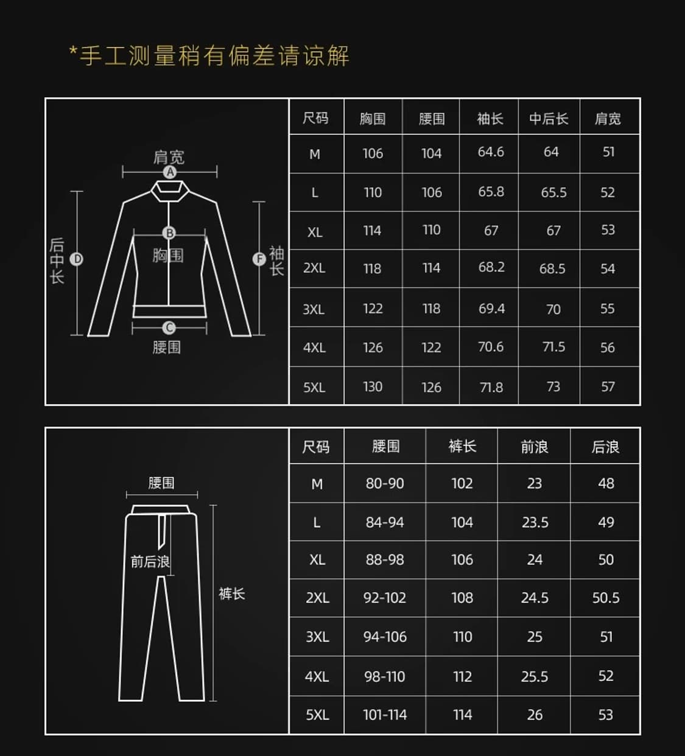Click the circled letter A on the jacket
[170, 172]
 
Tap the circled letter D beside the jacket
[77, 259]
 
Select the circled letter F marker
[259, 259]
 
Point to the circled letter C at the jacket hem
[169, 328]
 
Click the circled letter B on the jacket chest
[169, 233]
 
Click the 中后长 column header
[549, 119]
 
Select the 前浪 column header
[534, 447]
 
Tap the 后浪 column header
[605, 447]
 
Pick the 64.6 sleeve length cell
[491, 152]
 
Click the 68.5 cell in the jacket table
[552, 268]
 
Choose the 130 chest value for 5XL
[373, 387]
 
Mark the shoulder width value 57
[608, 387]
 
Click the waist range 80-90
[385, 483]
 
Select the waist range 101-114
[385, 715]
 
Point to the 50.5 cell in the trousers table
[606, 598]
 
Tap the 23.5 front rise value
[535, 522]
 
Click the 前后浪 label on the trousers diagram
[150, 561]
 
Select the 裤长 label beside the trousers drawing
[231, 593]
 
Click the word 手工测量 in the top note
[128, 56]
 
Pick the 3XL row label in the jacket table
[314, 309]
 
